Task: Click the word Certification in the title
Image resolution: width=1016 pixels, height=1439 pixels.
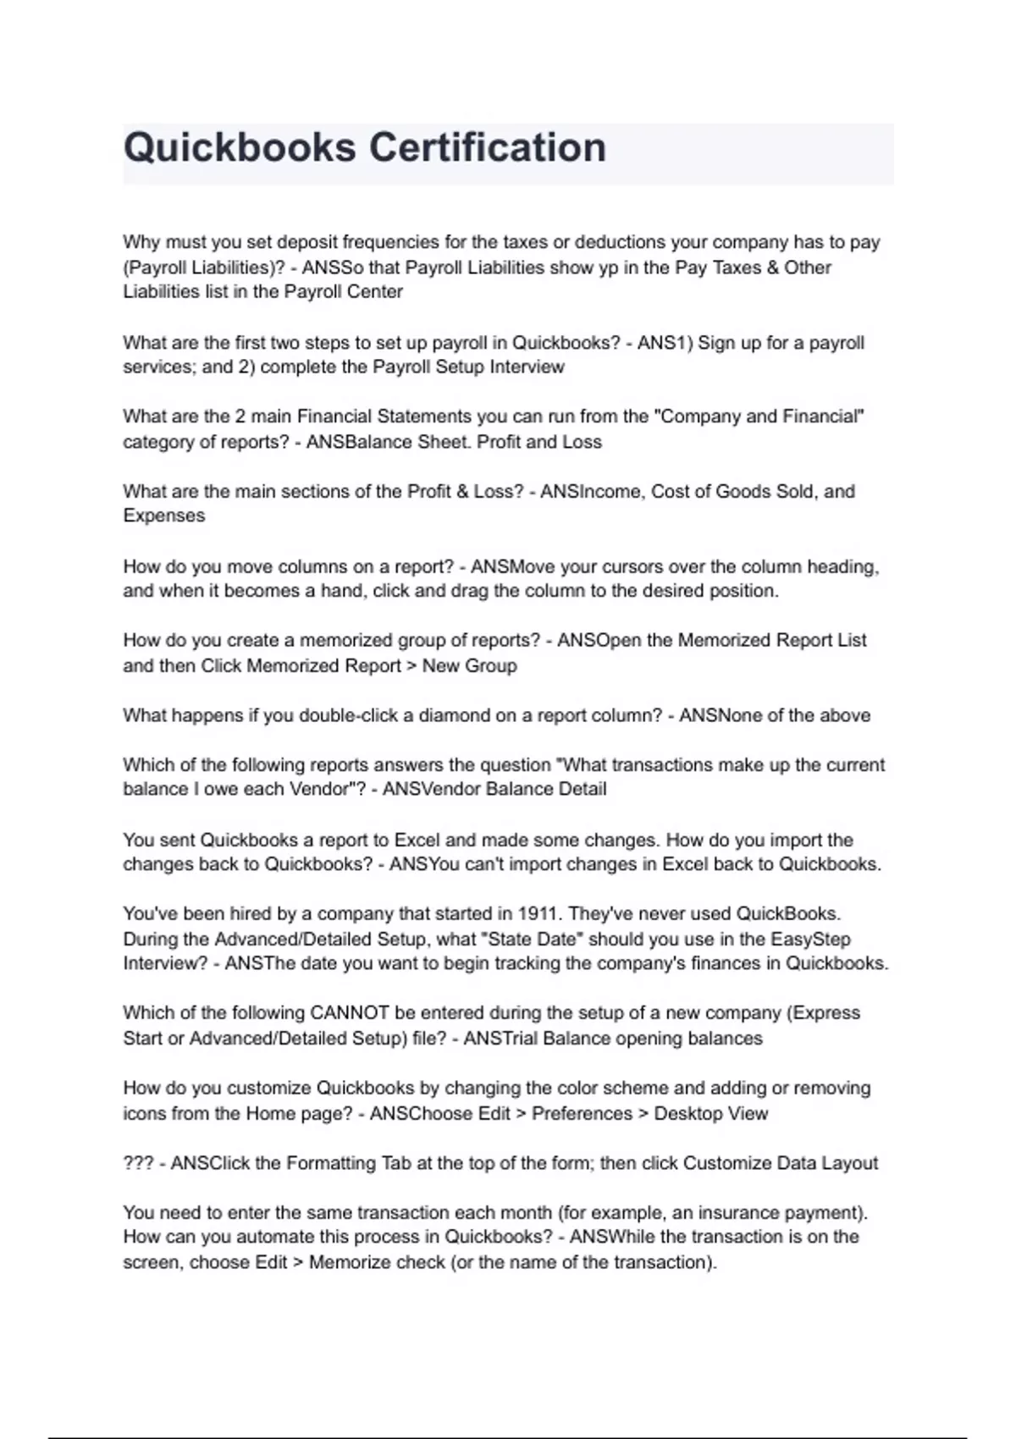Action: (487, 147)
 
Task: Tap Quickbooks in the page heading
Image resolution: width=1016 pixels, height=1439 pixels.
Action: (240, 147)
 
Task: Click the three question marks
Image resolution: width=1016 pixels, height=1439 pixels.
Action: (138, 1163)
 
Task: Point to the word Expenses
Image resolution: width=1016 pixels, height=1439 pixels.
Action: (163, 516)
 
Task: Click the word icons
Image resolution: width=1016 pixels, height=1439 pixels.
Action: (144, 1113)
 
